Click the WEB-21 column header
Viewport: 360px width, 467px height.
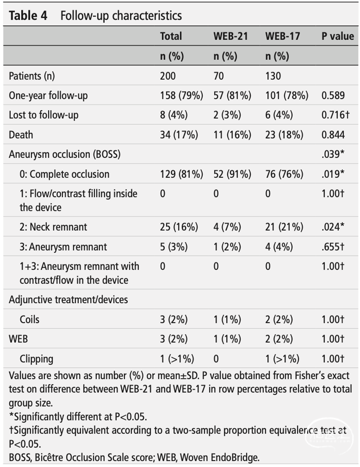click(231, 36)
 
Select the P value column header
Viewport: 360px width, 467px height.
click(338, 36)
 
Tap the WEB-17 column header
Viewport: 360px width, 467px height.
click(282, 36)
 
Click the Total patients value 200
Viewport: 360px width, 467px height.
click(168, 76)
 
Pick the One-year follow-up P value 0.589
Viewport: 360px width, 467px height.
click(333, 95)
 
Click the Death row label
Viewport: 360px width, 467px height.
click(21, 135)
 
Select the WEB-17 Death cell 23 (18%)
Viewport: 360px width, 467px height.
click(284, 135)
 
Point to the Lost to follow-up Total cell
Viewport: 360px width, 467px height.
click(174, 115)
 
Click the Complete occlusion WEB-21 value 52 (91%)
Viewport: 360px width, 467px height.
click(233, 174)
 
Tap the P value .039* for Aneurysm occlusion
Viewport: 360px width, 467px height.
click(333, 154)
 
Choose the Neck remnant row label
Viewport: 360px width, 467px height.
click(53, 227)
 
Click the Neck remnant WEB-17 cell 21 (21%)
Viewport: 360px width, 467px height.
click(284, 227)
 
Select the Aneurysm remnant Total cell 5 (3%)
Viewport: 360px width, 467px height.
click(174, 247)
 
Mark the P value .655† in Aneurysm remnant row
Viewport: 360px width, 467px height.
click(333, 246)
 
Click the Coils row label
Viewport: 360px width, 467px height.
click(30, 319)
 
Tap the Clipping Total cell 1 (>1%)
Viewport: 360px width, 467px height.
click(177, 359)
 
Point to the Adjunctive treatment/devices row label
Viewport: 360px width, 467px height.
click(68, 300)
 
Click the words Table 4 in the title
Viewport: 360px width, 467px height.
click(28, 15)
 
